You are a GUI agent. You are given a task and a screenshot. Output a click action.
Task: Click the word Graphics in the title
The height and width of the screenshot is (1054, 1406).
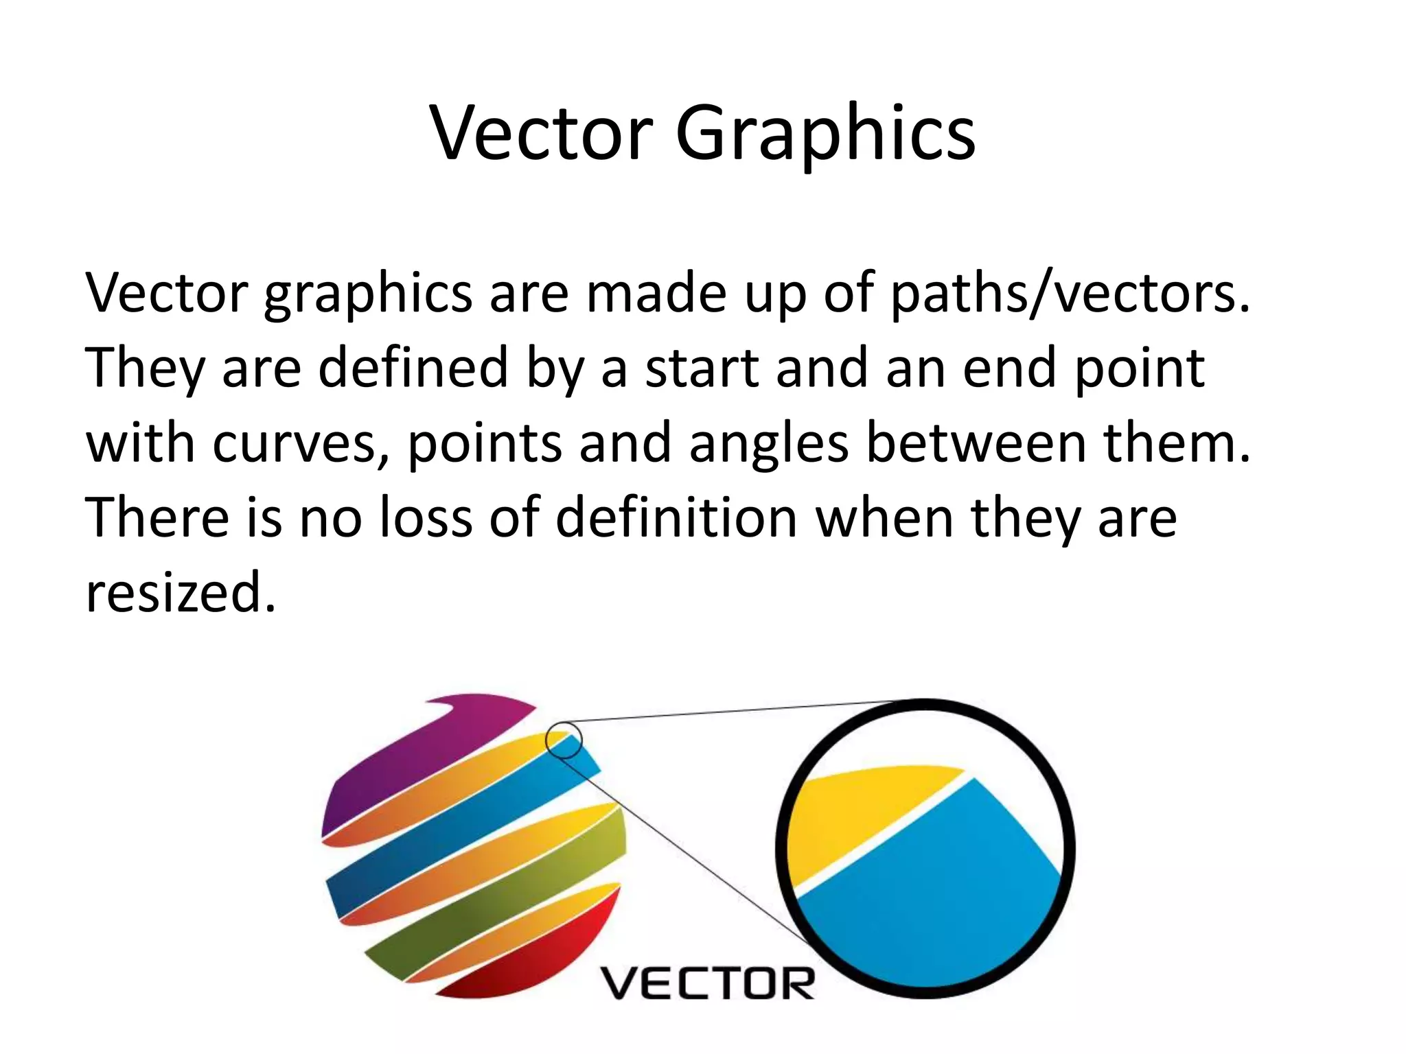[825, 134]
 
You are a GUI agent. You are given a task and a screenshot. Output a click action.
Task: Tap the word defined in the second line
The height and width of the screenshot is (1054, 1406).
[413, 368]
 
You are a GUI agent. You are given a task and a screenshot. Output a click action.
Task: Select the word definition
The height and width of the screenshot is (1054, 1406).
[676, 517]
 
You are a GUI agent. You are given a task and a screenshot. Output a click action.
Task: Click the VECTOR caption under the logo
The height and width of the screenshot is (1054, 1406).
[708, 983]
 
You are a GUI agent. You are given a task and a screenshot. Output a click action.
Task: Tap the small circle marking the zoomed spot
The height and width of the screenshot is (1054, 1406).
[564, 740]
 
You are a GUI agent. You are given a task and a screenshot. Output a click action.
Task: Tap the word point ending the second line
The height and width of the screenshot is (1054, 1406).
[1139, 368]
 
